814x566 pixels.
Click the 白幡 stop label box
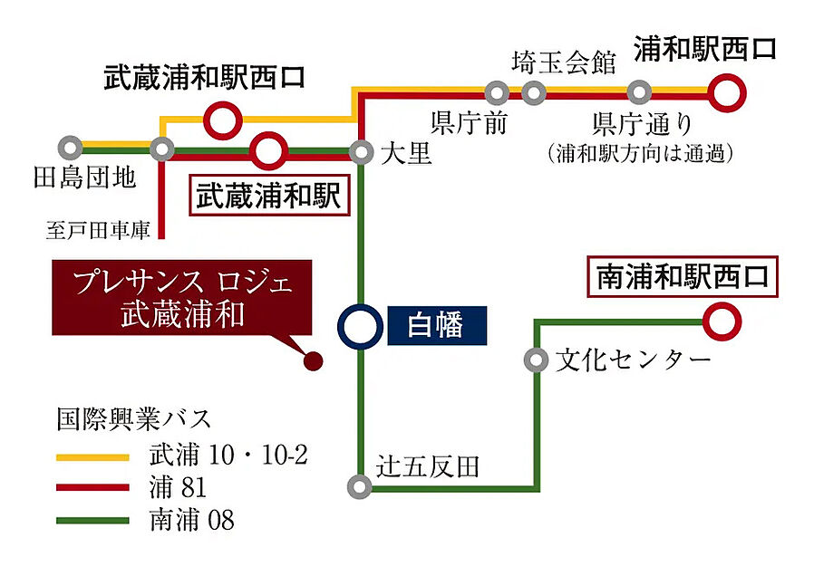(x=437, y=325)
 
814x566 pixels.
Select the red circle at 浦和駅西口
(x=728, y=91)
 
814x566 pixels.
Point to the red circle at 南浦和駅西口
(x=722, y=320)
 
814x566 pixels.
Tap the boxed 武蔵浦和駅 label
(x=268, y=197)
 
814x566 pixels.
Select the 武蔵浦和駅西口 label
(x=202, y=76)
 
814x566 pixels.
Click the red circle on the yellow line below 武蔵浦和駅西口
(x=221, y=119)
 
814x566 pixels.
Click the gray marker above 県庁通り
(x=639, y=91)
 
